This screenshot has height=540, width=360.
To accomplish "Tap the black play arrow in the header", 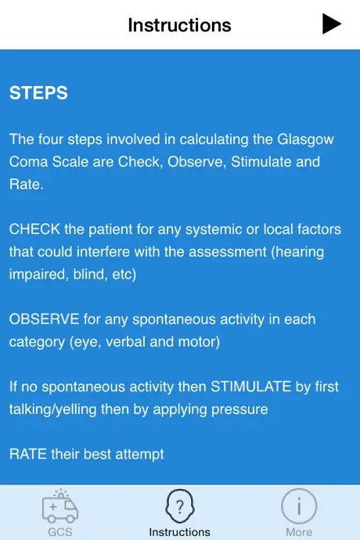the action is [331, 23].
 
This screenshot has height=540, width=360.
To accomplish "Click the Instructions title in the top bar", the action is [179, 25].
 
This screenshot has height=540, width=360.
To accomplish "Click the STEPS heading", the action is [38, 92].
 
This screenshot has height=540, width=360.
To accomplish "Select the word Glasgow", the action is [305, 140].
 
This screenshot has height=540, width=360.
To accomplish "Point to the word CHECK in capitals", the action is [34, 229].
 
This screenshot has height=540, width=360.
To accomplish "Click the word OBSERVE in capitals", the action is [44, 319].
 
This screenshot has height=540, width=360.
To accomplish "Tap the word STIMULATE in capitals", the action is [250, 387].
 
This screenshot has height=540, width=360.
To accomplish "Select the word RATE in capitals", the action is [28, 454].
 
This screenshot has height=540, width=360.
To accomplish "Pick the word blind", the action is [88, 274].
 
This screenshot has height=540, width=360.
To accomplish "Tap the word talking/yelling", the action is [52, 410].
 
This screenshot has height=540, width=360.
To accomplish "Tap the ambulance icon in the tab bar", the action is [60, 506].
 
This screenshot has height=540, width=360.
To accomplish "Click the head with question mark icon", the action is [180, 506].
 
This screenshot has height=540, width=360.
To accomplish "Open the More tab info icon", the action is [299, 506].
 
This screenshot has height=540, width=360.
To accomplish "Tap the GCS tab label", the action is [60, 531].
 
